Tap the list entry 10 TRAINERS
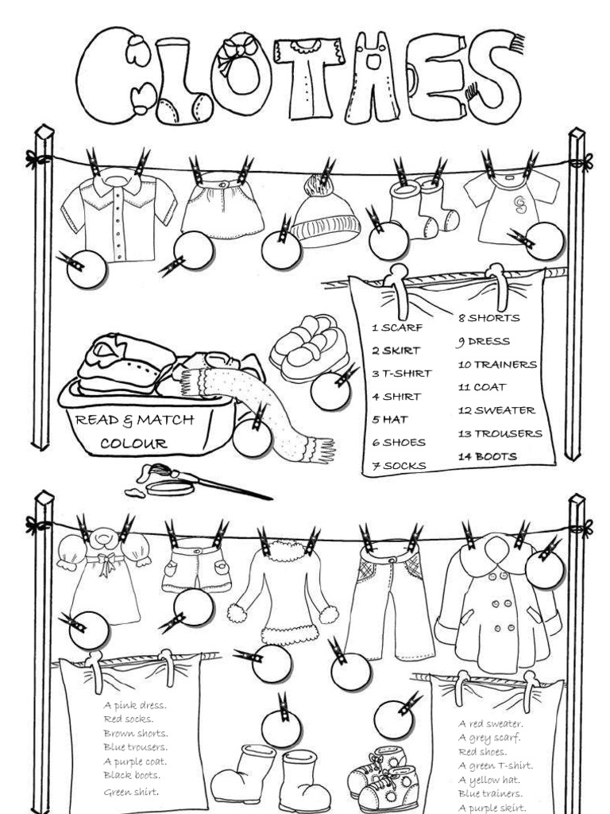[497, 365]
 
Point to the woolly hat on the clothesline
[324, 217]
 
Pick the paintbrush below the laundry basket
[207, 482]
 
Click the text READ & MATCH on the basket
[134, 420]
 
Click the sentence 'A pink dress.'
[134, 705]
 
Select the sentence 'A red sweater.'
[490, 724]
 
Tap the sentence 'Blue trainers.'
[490, 793]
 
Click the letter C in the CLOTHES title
[107, 76]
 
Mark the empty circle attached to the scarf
[252, 438]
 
